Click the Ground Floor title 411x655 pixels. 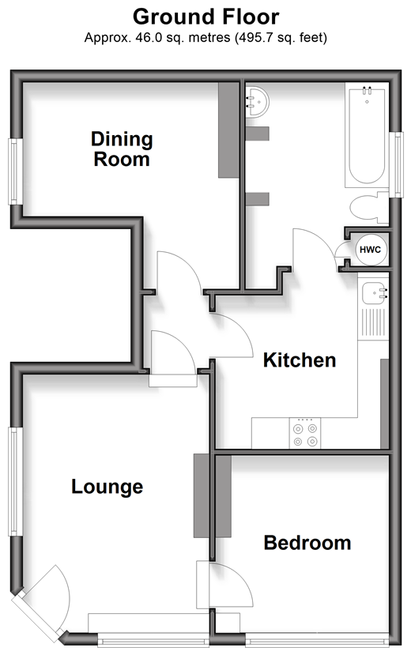click(x=205, y=17)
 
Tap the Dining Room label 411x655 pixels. click(x=122, y=149)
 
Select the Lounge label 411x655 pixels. click(x=107, y=487)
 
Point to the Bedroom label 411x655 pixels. click(x=307, y=543)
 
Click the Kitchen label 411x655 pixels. click(x=300, y=360)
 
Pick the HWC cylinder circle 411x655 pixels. click(x=370, y=250)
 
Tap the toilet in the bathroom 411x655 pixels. click(x=369, y=207)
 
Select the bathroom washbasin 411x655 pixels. click(x=257, y=101)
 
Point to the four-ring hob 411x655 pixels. click(x=305, y=433)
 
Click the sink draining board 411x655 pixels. click(x=373, y=322)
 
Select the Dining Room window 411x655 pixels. click(x=16, y=171)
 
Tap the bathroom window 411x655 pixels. click(x=397, y=164)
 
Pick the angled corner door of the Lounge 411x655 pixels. click(x=42, y=600)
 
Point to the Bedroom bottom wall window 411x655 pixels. click(x=318, y=640)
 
